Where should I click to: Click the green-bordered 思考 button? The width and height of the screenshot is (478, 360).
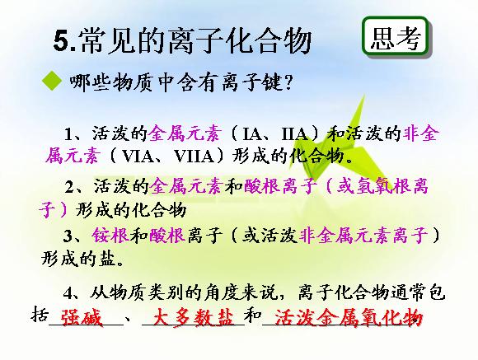click(396, 37)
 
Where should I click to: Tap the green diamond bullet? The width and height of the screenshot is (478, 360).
click(52, 81)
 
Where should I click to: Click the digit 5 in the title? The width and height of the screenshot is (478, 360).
click(62, 41)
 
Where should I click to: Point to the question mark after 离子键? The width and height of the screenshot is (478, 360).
click(287, 82)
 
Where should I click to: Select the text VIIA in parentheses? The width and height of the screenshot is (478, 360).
click(194, 157)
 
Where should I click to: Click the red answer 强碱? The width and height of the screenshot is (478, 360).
click(82, 318)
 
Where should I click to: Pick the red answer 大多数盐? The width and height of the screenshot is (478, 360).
click(193, 318)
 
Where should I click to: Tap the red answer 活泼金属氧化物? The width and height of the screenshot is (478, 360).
click(349, 318)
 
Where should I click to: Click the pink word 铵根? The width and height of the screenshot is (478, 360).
click(110, 236)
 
